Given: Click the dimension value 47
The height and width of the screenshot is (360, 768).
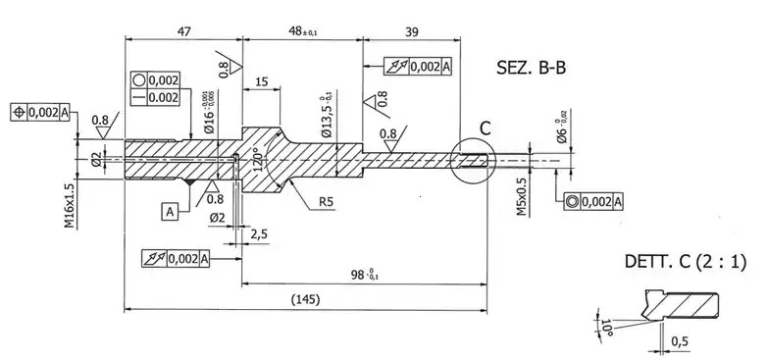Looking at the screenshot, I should pyautogui.click(x=183, y=31).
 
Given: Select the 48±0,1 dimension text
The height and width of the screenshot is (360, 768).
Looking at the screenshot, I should pyautogui.click(x=308, y=31).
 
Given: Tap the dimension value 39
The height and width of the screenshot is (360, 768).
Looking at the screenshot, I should pyautogui.click(x=412, y=31).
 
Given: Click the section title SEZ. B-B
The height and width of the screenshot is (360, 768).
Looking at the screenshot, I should pyautogui.click(x=533, y=69).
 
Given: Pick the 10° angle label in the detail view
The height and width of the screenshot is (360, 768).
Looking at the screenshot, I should pyautogui.click(x=607, y=325).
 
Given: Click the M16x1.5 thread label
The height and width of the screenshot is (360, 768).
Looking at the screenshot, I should pyautogui.click(x=70, y=205).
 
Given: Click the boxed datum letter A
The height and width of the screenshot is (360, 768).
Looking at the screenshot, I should pyautogui.click(x=171, y=211).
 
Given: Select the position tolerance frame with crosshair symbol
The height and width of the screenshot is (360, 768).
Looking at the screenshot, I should pyautogui.click(x=40, y=112).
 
